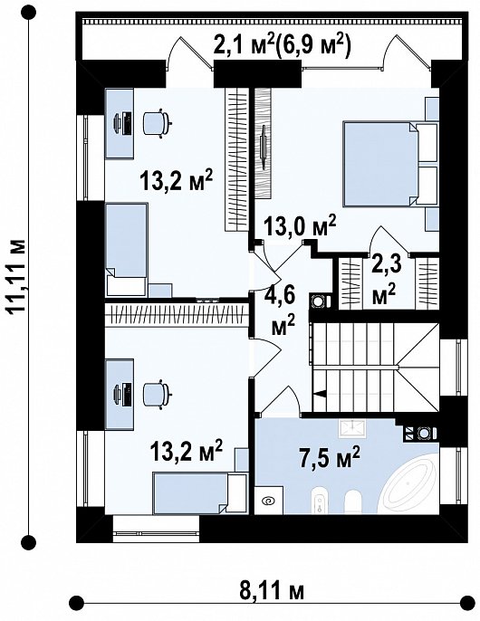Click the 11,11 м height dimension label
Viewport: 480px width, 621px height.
18,276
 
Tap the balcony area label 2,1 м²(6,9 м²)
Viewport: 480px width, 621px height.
282,45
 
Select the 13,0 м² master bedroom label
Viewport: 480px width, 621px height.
300,226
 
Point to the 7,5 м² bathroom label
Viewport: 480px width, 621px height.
330,458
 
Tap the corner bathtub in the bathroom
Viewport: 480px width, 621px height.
409,486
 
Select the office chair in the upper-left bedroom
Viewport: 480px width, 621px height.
157,123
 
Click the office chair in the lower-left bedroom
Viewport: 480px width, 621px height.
157,395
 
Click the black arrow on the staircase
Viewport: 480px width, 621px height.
320,393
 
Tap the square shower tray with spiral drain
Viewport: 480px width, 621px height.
268,501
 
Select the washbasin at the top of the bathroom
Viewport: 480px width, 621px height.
351,428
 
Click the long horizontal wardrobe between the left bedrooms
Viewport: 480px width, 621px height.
177,315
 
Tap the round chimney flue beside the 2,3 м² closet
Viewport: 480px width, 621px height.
318,301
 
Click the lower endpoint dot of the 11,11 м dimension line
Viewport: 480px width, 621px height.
28,541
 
